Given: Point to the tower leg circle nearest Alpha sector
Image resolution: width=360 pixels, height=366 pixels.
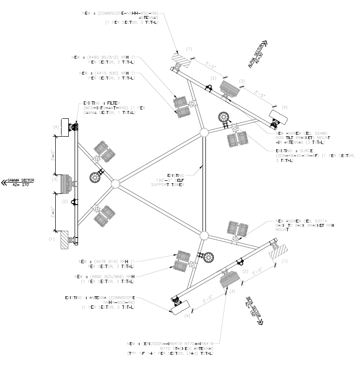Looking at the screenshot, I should click(203, 132).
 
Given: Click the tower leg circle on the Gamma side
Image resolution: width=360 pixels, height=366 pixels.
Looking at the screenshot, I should click(115, 184).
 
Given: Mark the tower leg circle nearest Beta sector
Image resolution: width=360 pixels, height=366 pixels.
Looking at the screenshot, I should click(203, 236).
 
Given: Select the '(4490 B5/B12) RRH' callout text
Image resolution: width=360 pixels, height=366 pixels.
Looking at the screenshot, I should click(105, 60).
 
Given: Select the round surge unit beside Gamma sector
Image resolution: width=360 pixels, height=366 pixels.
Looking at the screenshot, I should click(94, 177).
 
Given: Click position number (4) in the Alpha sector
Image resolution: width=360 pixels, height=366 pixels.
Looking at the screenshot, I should click(284, 107).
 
